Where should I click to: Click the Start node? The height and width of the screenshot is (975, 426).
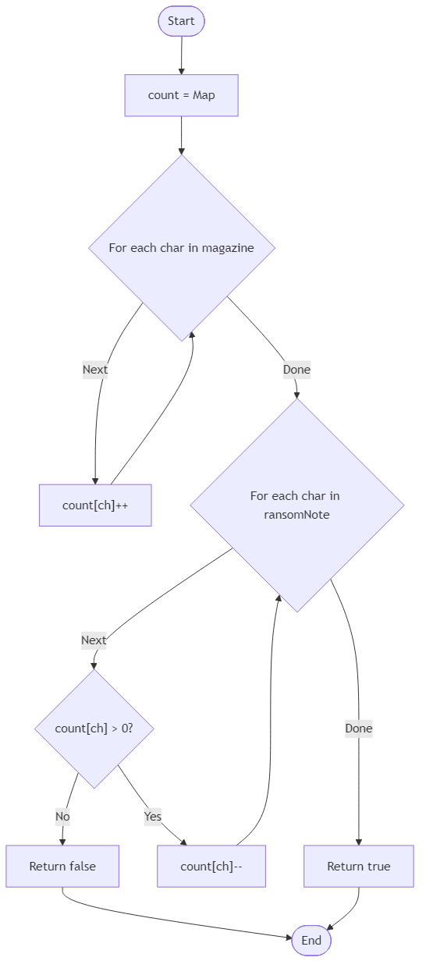coord(181,21)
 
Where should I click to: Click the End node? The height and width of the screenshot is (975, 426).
coord(311,941)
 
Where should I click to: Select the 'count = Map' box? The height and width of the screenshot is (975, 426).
coord(181,95)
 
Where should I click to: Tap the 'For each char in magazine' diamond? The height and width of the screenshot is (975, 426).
coord(182,248)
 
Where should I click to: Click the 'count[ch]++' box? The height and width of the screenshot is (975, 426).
coord(95,505)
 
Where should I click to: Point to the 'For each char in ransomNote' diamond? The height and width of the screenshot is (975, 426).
coord(296,505)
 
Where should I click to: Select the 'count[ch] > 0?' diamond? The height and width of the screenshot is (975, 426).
coord(94,729)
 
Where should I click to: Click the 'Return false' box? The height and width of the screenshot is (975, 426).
coord(62,866)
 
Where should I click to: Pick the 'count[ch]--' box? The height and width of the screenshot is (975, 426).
coord(211,866)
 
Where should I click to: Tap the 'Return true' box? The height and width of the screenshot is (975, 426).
coord(358,866)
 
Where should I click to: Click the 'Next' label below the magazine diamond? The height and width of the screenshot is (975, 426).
coord(95,370)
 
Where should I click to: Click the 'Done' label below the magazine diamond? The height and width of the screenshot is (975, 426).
coord(296,370)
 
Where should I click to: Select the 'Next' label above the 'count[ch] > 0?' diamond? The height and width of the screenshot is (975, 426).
coord(94,640)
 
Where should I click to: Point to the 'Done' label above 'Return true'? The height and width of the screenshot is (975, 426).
coord(359,729)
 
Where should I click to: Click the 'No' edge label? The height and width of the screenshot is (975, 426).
coord(62,817)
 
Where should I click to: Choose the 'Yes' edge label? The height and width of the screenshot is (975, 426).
coord(153,817)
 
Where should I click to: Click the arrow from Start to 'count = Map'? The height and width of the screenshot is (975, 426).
coord(181,55)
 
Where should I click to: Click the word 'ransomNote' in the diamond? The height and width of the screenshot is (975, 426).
coord(296,514)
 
